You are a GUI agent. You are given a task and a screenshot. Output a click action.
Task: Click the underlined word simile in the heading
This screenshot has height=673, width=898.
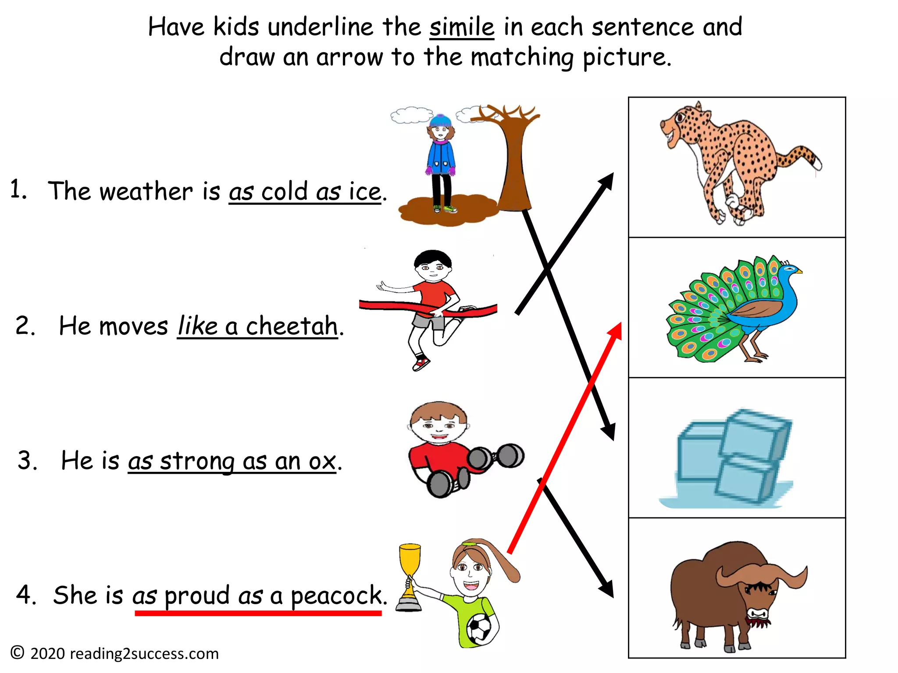coord(461,27)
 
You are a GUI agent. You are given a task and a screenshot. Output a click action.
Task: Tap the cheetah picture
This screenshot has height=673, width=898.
coord(737,162)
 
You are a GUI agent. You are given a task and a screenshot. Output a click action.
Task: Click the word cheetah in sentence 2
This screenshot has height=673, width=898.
coord(292,326)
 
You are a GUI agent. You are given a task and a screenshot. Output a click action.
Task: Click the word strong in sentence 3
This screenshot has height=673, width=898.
coord(197,461)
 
